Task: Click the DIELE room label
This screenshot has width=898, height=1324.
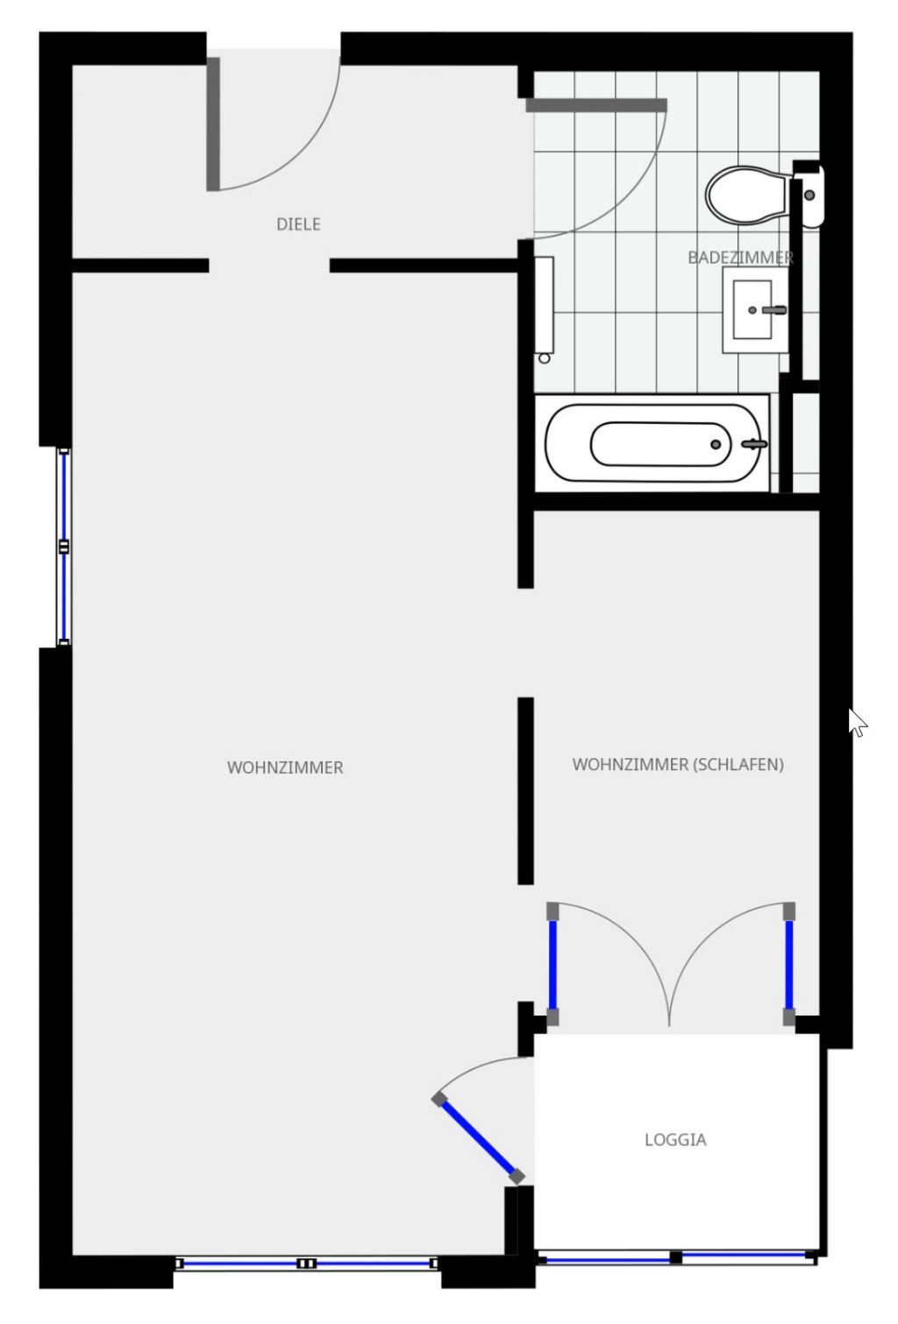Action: pos(298,224)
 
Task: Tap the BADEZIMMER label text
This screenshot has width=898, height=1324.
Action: pos(741,257)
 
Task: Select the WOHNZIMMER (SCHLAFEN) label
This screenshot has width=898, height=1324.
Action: pos(678,764)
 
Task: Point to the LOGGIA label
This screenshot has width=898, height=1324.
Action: pos(675,1140)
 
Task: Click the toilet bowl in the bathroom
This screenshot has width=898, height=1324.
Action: pos(746,195)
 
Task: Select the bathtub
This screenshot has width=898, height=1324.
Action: pos(652,443)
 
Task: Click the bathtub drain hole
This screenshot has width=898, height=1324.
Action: pos(716,444)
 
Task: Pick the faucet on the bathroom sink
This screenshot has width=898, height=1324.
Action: pos(773,309)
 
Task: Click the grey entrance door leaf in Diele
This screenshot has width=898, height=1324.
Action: pos(213,124)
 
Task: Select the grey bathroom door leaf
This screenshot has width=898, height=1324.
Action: pos(596,105)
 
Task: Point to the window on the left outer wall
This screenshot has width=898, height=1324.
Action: pos(64,547)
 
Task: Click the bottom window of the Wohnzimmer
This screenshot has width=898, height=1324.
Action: pos(306,1264)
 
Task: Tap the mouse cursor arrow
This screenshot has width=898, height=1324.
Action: pos(857,722)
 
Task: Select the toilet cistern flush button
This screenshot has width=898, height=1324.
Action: pos(809,195)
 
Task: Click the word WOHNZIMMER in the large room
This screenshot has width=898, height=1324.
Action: pos(285,768)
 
